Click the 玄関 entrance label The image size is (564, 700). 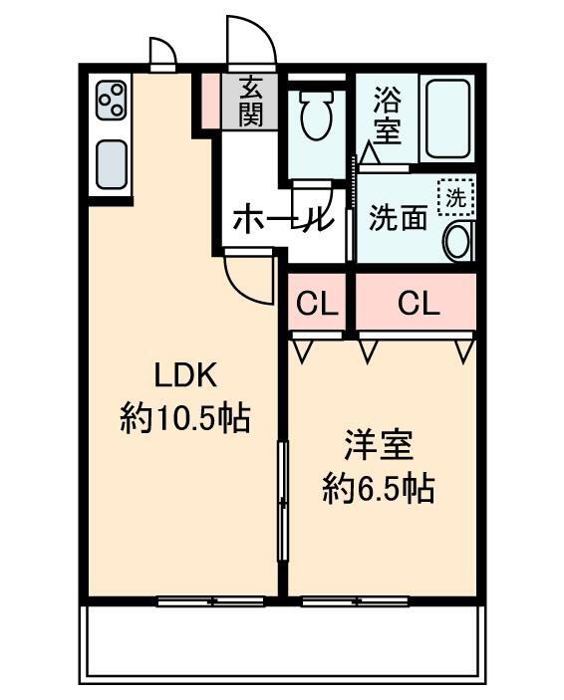pos(250,102)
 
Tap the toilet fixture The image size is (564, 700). pos(316,117)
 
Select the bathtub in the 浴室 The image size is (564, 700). pos(445,117)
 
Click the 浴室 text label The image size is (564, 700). pos(387,115)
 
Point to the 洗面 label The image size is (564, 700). pos(398,218)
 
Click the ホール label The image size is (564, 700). pos(279,219)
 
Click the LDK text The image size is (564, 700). pos(184,375)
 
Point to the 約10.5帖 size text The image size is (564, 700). pos(184,417)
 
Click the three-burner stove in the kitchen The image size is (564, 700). pos(111,101)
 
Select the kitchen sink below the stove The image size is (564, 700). pos(111,161)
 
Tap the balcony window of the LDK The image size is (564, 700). pos(210,600)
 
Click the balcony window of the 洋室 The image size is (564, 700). pos(355,600)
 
